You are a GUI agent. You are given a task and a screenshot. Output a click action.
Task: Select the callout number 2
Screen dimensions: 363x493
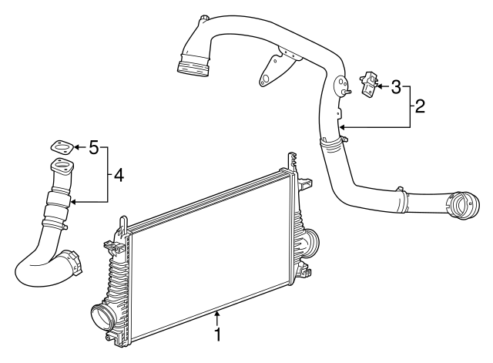420,106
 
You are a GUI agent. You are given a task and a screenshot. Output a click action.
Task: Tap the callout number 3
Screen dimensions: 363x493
396,86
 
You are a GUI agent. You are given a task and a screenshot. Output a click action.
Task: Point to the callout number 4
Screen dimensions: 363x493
118,175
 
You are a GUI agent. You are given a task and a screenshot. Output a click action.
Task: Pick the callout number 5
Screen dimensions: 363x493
93,146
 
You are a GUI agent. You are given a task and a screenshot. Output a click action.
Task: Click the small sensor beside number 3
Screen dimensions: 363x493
369,83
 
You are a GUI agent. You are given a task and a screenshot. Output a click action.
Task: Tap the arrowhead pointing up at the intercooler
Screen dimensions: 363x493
217,313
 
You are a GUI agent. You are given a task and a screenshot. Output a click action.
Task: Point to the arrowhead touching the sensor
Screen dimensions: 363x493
380,86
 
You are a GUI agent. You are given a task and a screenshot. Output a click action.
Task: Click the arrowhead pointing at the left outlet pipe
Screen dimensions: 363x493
71,201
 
